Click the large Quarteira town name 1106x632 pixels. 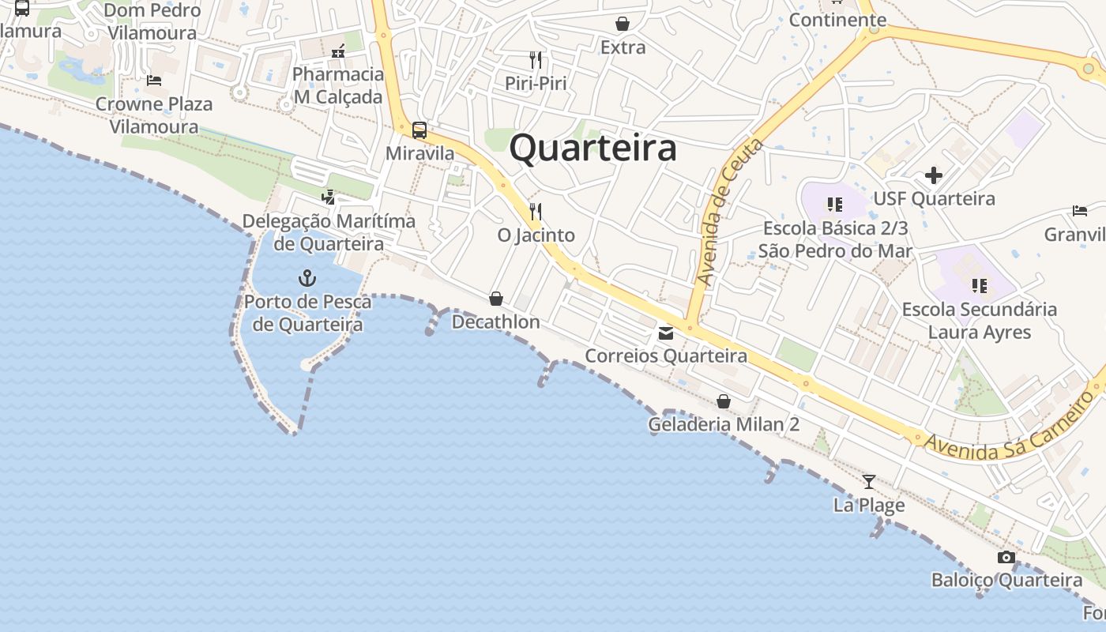click(x=592, y=149)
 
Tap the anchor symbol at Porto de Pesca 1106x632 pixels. click(x=307, y=277)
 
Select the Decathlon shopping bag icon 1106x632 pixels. click(x=496, y=298)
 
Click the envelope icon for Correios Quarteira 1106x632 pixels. click(x=666, y=333)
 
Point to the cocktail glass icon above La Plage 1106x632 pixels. click(x=869, y=481)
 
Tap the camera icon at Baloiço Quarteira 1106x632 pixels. click(x=1006, y=557)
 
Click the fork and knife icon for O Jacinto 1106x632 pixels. click(x=536, y=211)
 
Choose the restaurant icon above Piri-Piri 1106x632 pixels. click(x=536, y=59)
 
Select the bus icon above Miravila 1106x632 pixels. click(x=419, y=130)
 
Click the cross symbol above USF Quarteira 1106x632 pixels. click(x=934, y=175)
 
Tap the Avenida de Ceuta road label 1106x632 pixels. click(x=731, y=212)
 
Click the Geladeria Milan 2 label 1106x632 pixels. click(x=724, y=424)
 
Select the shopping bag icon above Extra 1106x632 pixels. click(x=623, y=24)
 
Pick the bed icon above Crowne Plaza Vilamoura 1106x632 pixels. click(x=154, y=80)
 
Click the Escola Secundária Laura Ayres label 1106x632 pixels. click(x=980, y=320)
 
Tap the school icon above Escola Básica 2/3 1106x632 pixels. click(x=835, y=205)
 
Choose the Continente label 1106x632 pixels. click(x=837, y=20)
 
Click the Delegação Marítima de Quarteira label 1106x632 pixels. click(x=329, y=231)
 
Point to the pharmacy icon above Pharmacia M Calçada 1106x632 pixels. click(x=338, y=51)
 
